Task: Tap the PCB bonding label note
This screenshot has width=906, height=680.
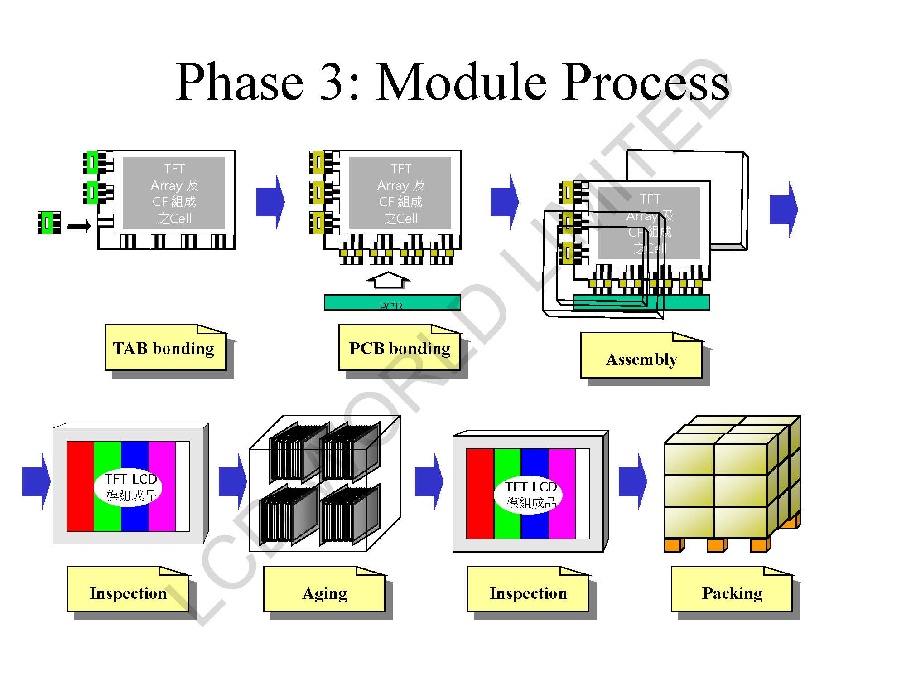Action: click(399, 348)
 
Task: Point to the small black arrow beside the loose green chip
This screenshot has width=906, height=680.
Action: click(79, 225)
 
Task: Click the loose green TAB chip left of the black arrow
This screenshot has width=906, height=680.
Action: click(49, 223)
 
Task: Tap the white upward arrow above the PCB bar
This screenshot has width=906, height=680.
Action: click(388, 280)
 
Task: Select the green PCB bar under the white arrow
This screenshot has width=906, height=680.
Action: click(392, 302)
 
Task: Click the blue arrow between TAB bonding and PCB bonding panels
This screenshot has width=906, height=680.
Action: click(270, 202)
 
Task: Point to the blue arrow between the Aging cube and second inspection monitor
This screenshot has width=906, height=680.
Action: click(429, 481)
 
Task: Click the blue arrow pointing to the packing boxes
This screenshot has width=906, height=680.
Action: click(632, 481)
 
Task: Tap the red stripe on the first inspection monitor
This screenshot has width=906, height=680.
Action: click(80, 486)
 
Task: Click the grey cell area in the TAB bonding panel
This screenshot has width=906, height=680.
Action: click(174, 193)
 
